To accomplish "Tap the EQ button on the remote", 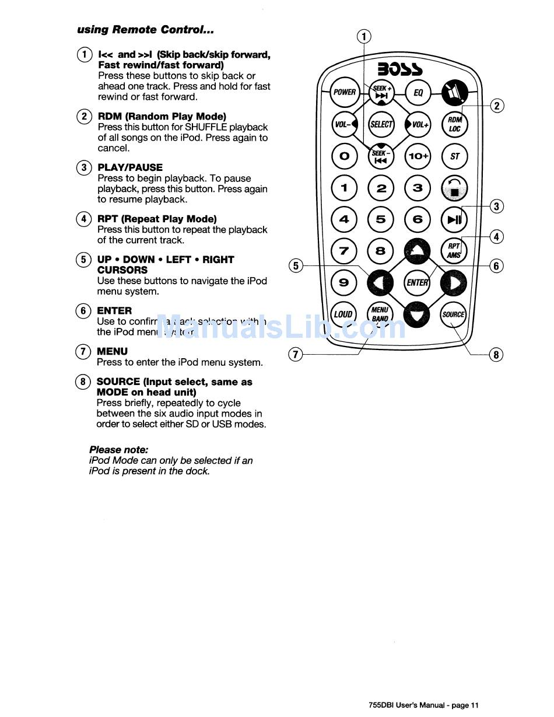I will click(418, 93).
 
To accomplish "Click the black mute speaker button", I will click(454, 93).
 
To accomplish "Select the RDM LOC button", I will click(454, 124).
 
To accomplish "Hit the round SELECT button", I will click(381, 124).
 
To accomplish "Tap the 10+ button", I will click(418, 156).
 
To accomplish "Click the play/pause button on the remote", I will click(454, 219).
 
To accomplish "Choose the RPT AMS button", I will click(454, 251).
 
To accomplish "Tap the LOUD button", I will click(343, 314).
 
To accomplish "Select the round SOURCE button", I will click(454, 314).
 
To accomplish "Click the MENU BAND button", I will click(380, 314).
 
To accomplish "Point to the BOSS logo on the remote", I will click(400, 69).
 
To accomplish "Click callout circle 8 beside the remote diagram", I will click(496, 354).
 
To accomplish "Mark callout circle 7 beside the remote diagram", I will click(296, 354).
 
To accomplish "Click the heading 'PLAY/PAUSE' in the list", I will click(130, 167).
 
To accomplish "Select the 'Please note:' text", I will click(119, 450).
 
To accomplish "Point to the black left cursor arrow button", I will click(380, 283).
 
